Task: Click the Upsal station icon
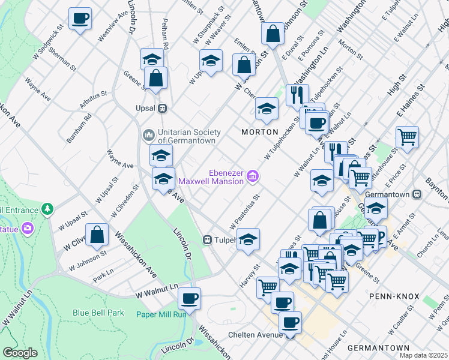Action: coord(161,109)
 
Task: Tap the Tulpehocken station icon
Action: coord(207,239)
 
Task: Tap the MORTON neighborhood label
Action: coord(259,131)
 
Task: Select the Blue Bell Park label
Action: coord(98,313)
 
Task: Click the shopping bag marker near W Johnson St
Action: coord(97,235)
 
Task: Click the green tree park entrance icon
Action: coord(47,209)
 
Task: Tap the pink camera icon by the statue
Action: coord(27,228)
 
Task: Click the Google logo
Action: coord(20,353)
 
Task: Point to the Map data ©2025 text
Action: coord(424,355)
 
